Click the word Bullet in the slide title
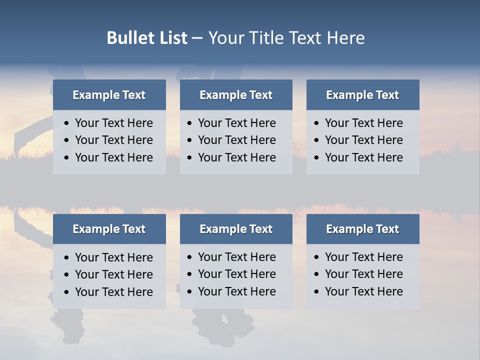pyautogui.click(x=127, y=38)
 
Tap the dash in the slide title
pyautogui.click(x=197, y=38)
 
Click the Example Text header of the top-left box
pyautogui.click(x=109, y=95)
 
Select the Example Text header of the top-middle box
pyautogui.click(x=236, y=95)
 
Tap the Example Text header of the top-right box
pyautogui.click(x=362, y=95)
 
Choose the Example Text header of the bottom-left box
pyautogui.click(x=109, y=229)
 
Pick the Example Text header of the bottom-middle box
pyautogui.click(x=236, y=229)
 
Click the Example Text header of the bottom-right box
pyautogui.click(x=362, y=229)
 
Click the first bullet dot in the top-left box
pyautogui.click(x=67, y=123)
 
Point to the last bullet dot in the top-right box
pyautogui.click(x=317, y=158)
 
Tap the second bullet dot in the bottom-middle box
pyautogui.click(x=190, y=274)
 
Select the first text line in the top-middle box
pyautogui.click(x=236, y=123)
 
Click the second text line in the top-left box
pyautogui.click(x=113, y=140)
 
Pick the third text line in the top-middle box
pyautogui.click(x=236, y=157)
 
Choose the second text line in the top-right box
pyautogui.click(x=363, y=140)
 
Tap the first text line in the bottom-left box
pyautogui.click(x=113, y=257)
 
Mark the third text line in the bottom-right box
pyautogui.click(x=363, y=291)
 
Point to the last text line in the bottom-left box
pyautogui.click(x=113, y=292)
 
